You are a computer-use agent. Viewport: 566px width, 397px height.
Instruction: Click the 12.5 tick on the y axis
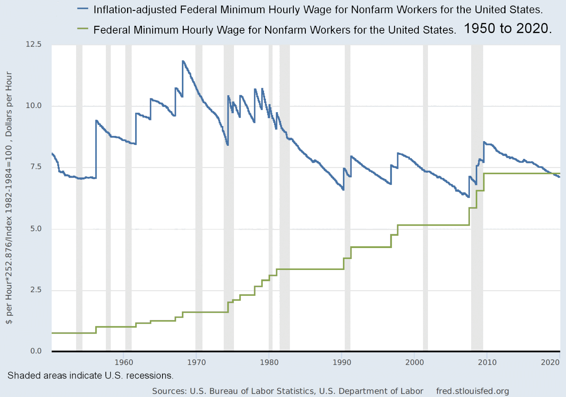tap(34, 44)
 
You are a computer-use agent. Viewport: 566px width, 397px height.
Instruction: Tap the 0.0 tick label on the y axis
tap(36, 351)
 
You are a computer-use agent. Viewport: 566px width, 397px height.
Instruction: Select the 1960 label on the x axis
tap(124, 362)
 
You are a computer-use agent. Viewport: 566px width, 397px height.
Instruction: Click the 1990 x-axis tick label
tap(342, 362)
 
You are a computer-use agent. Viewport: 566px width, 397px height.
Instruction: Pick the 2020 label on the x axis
tap(550, 362)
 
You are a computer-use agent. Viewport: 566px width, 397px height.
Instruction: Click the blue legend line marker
tap(82, 9)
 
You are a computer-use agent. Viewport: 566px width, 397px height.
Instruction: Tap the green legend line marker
tap(82, 29)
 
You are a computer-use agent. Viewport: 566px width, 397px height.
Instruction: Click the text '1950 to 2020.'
tap(508, 28)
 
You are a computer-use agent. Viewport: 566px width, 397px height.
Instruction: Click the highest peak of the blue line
tap(183, 61)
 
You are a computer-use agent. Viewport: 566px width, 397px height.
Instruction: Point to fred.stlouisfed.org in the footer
tap(472, 391)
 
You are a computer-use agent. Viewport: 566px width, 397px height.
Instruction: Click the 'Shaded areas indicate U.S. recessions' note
tap(90, 375)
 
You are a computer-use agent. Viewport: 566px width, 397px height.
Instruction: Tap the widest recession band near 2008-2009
tap(477, 248)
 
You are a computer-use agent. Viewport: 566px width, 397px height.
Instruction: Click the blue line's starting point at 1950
tap(52, 153)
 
